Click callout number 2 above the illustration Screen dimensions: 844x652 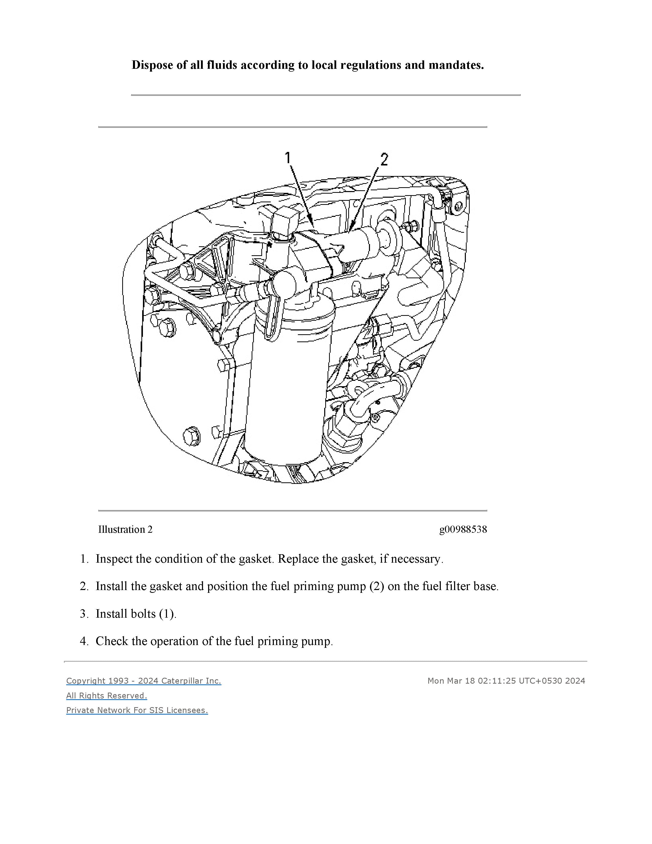[384, 159]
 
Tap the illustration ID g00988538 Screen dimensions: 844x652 [463, 529]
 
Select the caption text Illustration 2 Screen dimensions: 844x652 [125, 529]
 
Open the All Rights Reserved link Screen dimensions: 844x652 [107, 696]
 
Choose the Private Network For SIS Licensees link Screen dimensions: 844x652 [137, 710]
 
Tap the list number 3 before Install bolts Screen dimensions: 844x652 [83, 614]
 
